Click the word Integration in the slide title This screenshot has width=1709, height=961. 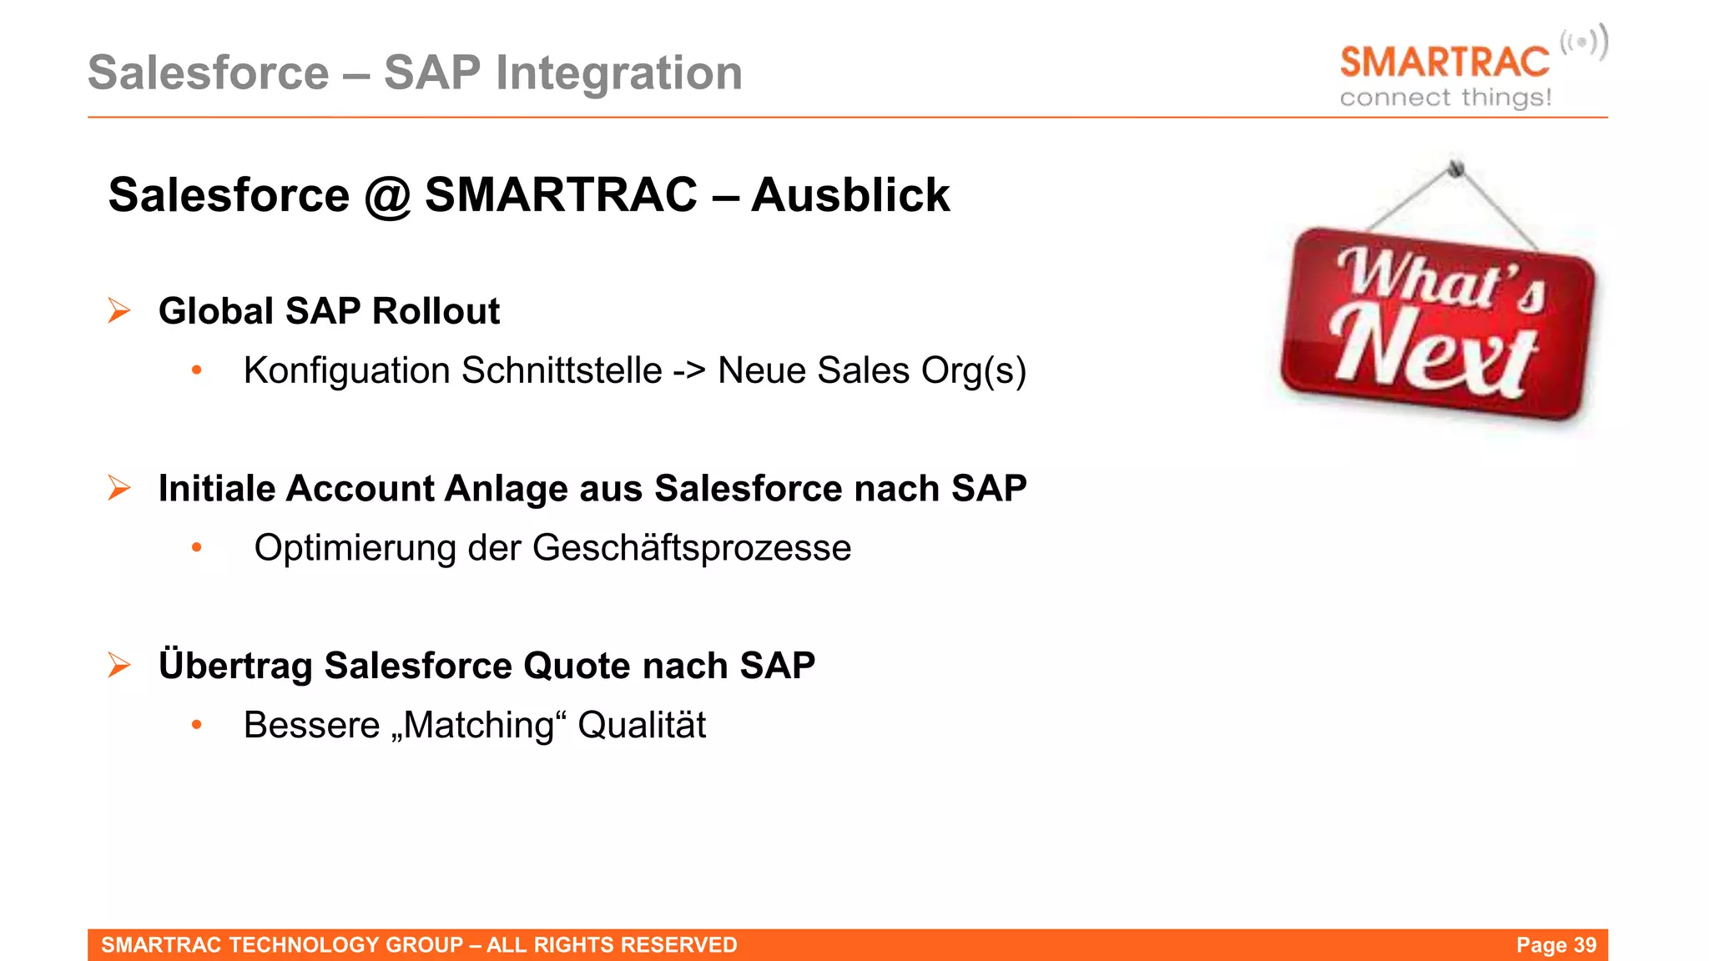tap(618, 73)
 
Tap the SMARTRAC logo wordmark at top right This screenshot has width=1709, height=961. tap(1444, 63)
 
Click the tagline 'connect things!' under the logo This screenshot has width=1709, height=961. tap(1445, 98)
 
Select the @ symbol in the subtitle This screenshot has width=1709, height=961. tap(387, 197)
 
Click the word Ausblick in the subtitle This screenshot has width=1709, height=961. tap(849, 195)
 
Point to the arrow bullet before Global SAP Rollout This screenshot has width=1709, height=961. tap(119, 310)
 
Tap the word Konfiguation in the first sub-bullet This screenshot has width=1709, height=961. tap(346, 371)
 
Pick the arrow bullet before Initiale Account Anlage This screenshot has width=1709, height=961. tap(119, 488)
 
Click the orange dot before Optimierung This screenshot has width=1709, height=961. tap(197, 548)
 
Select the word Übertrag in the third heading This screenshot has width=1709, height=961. tap(235, 666)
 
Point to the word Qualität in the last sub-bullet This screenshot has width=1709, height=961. tap(641, 725)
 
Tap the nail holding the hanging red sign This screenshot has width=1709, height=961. tap(1456, 168)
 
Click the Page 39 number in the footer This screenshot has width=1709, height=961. tap(1555, 945)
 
